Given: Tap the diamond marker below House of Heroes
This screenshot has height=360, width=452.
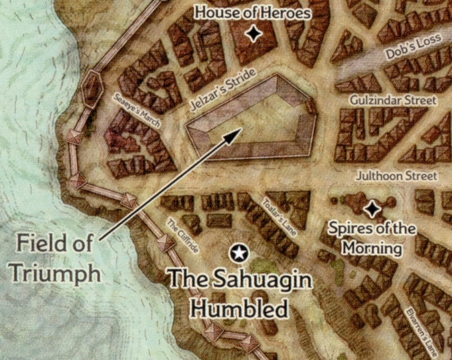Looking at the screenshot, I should (254, 34).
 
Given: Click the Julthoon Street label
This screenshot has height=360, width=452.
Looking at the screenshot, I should (396, 176).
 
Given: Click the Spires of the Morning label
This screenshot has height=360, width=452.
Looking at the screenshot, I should (372, 239).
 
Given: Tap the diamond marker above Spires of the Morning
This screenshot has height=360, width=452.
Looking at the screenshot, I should (373, 209).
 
